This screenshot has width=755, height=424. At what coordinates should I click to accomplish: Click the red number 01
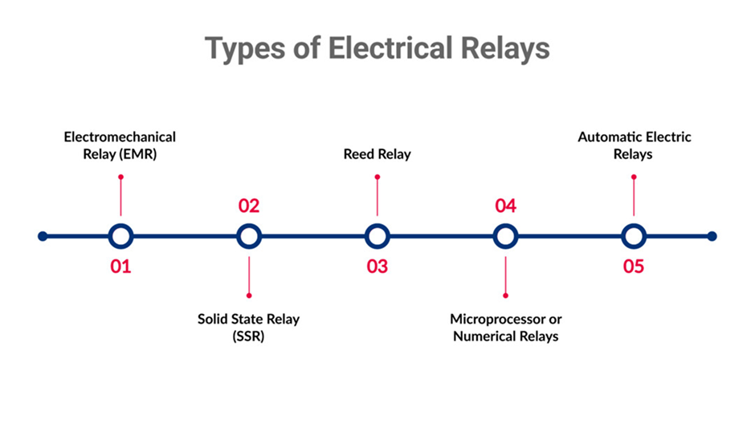(x=120, y=266)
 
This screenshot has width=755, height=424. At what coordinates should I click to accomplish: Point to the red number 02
(x=249, y=206)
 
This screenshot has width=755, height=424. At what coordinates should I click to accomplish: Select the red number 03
(x=377, y=266)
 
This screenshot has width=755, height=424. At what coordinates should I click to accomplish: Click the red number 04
(x=505, y=206)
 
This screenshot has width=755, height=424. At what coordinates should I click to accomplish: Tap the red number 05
(x=634, y=266)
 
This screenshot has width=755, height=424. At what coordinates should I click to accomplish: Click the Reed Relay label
(x=377, y=154)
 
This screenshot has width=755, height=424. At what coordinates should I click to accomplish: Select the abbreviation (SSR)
(x=248, y=336)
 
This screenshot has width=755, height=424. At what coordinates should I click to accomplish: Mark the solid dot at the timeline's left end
(x=43, y=236)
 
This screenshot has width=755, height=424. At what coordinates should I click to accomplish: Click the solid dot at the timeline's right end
(x=712, y=236)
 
